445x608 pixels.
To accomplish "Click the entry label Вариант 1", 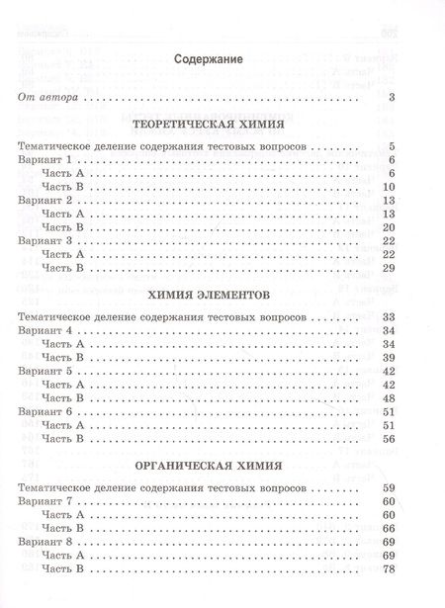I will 43,160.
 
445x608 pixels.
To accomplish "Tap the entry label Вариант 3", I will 43,241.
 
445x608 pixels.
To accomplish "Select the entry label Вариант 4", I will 43,329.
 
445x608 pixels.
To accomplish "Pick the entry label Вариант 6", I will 43,410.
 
